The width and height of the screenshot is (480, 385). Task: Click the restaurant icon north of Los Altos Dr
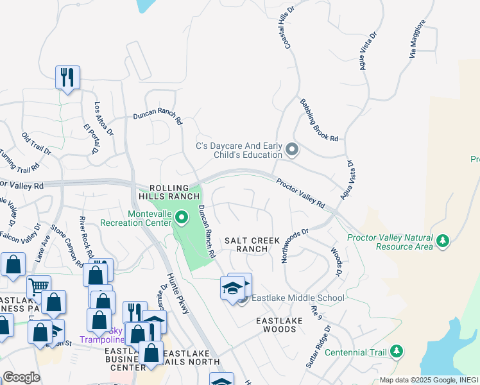click(67, 78)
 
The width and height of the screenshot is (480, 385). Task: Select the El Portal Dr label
click(89, 138)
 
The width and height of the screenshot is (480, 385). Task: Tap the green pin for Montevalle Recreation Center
click(181, 219)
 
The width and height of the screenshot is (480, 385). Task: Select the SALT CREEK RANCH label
click(252, 244)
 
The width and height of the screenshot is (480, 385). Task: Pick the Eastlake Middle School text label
click(298, 298)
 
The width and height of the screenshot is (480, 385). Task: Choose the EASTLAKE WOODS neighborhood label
click(277, 324)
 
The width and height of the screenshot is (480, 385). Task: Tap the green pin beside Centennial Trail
click(397, 351)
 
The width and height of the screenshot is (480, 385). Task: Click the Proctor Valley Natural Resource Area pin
click(442, 241)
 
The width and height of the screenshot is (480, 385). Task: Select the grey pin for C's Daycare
click(292, 150)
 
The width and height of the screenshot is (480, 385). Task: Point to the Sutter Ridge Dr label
click(318, 346)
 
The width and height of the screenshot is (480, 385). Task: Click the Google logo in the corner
click(21, 377)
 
